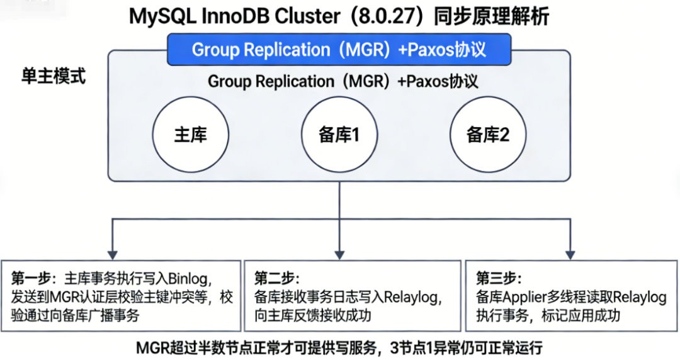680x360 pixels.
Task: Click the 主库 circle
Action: pos(190,135)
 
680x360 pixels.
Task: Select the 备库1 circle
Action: pos(339,135)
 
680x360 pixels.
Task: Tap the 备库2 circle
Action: pos(487,135)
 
